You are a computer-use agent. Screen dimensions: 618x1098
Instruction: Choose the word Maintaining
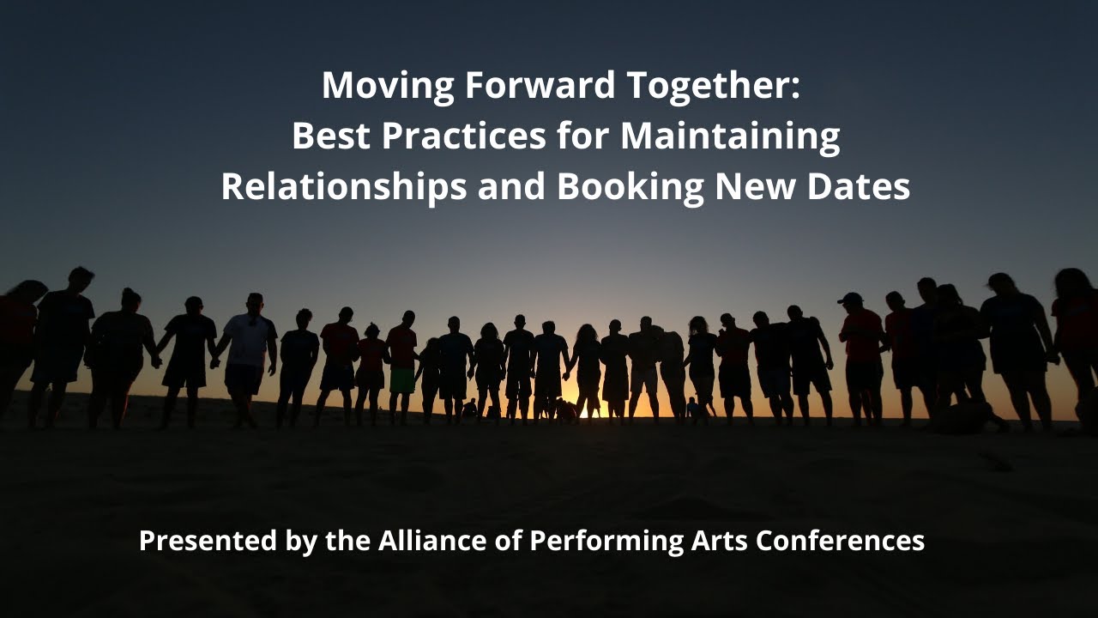click(x=730, y=136)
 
